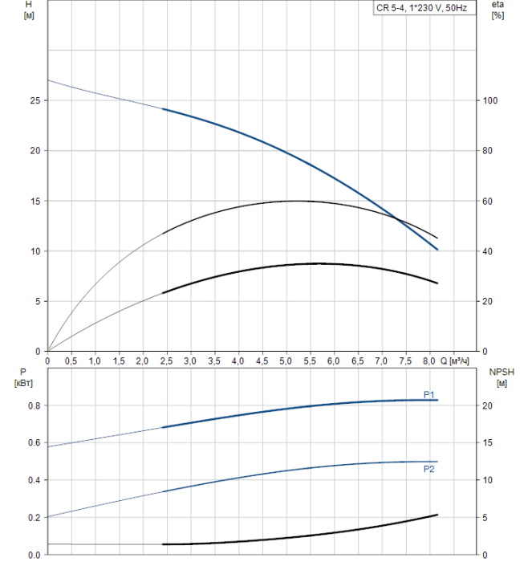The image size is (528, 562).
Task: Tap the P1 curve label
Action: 428,393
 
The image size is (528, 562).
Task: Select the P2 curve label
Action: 428,469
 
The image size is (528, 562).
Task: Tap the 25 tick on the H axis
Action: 33,100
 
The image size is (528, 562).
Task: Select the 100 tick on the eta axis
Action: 489,100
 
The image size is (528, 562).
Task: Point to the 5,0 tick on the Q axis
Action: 286,360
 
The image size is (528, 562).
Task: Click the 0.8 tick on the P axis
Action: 32,405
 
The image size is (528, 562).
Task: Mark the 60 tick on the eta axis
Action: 488,201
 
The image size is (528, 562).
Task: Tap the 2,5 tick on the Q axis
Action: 167,360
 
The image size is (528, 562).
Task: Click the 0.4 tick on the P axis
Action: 32,480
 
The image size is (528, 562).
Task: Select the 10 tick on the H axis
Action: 33,251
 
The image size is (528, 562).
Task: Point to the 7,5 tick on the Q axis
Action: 405,360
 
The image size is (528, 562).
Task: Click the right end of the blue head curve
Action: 437,250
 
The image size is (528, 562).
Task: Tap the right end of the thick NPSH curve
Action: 437,515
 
